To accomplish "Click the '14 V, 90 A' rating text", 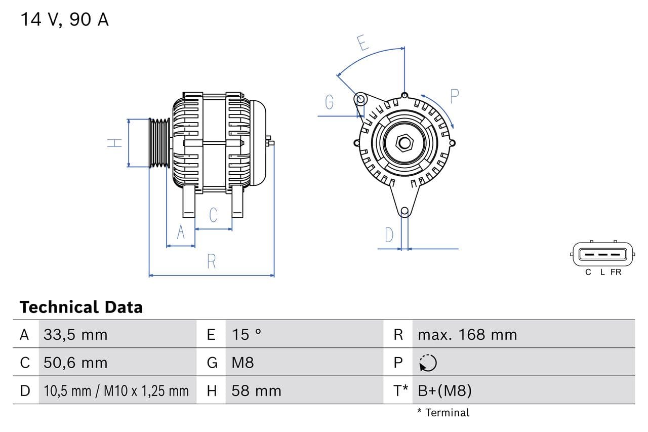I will pos(64,20).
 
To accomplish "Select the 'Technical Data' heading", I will pos(81,307).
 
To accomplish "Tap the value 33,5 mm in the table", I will pos(75,335).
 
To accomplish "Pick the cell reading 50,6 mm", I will pos(75,363).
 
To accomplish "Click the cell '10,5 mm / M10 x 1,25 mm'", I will pos(116,391).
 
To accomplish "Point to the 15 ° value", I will pos(247,335).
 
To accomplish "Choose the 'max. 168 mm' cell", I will pos(467,335).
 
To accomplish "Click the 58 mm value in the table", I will pos(256,391).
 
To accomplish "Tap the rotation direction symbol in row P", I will pos(428,363).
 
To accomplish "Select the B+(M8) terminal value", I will pos(444,391).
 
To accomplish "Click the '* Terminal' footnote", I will pos(443,413).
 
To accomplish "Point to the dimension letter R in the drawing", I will pos(212,262).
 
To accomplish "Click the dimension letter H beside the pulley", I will pos(115,143).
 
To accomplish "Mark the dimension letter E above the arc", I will pos(362,43).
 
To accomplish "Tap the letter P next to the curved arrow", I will pos(454,96).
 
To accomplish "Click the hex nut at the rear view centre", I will pos(404,142).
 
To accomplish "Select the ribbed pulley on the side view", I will pos(159,143).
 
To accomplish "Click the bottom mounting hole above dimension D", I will pos(404,211).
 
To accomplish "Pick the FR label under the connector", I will pos(616,272).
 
